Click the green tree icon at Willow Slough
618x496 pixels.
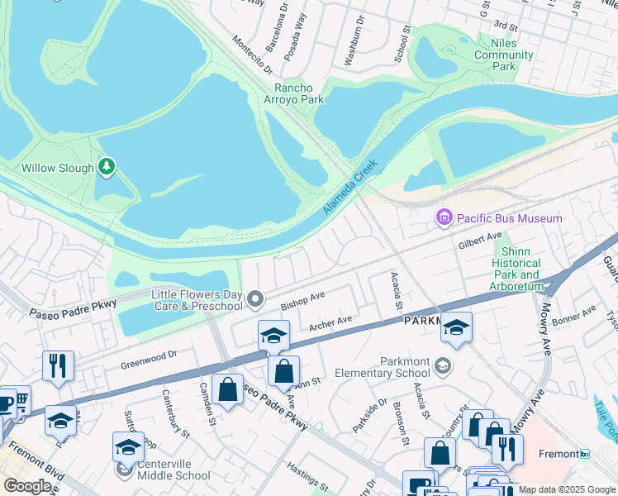click(x=106, y=168)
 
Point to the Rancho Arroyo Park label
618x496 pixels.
click(x=299, y=94)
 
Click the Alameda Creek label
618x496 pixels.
click(x=349, y=188)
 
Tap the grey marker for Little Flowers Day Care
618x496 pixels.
click(x=256, y=298)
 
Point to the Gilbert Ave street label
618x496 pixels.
click(x=480, y=241)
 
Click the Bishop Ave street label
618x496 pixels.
click(x=302, y=299)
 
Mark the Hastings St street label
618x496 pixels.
click(x=307, y=477)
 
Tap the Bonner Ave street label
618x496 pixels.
click(x=574, y=315)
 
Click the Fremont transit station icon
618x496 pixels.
click(x=584, y=454)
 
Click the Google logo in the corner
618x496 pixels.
click(x=27, y=486)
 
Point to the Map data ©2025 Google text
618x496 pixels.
click(x=567, y=489)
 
